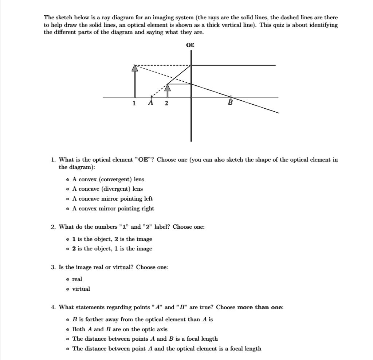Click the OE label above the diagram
[x=190, y=45]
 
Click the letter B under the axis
[x=230, y=103]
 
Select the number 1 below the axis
[x=134, y=103]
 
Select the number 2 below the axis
[x=166, y=103]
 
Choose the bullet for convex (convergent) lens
[x=67, y=179]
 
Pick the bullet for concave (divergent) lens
[x=67, y=189]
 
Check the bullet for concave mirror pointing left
[x=67, y=199]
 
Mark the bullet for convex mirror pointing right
[x=67, y=209]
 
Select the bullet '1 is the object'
[x=67, y=239]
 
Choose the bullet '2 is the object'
[x=67, y=249]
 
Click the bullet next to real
[x=67, y=279]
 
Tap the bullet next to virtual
[x=67, y=289]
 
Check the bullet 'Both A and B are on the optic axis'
[x=67, y=329]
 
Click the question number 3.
[x=53, y=267]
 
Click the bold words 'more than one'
[x=260, y=307]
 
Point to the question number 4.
[x=53, y=307]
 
